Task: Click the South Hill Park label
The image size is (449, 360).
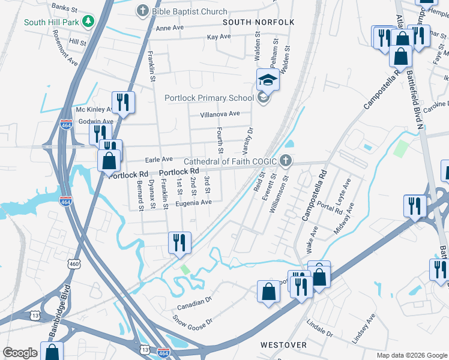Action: tap(51, 22)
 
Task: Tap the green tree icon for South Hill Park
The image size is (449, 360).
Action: tap(89, 22)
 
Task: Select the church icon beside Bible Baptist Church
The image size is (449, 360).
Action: tap(142, 11)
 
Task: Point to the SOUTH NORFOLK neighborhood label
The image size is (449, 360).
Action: tap(259, 22)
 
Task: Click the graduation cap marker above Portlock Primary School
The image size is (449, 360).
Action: tap(268, 79)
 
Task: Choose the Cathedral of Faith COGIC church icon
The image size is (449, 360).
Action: tap(286, 161)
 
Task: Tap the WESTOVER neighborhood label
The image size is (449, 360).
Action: tap(283, 345)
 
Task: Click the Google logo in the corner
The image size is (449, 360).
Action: tap(20, 353)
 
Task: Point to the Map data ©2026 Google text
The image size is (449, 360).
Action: tap(412, 355)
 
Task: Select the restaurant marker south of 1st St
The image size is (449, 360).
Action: tap(179, 243)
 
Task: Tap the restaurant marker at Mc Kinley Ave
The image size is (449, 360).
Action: tap(123, 102)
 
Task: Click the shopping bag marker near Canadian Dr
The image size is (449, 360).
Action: tap(268, 292)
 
